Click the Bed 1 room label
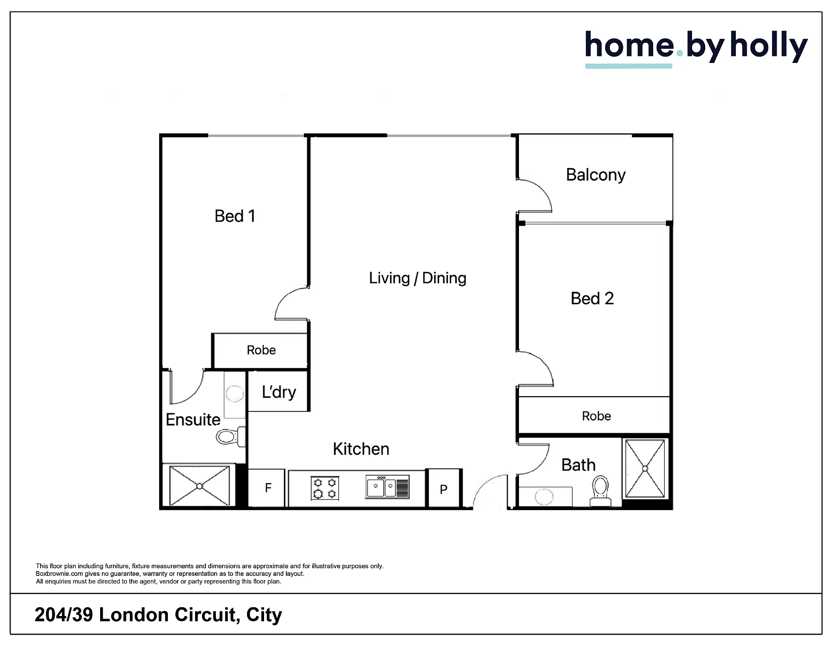(x=235, y=216)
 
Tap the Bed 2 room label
(x=592, y=299)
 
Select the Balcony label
(x=595, y=175)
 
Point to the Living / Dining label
(x=418, y=278)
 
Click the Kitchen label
(x=361, y=449)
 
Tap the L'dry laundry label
(x=279, y=392)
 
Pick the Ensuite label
(x=193, y=420)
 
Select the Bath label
(x=578, y=465)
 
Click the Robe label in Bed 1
(x=261, y=350)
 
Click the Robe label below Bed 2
(x=596, y=416)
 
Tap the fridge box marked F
(x=267, y=488)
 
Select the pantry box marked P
(x=444, y=488)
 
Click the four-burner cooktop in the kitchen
(x=325, y=488)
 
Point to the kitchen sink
(x=387, y=487)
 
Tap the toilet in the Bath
(x=601, y=491)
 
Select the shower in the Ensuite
(x=199, y=486)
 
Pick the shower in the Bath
(x=645, y=469)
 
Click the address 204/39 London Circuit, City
(x=158, y=615)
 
